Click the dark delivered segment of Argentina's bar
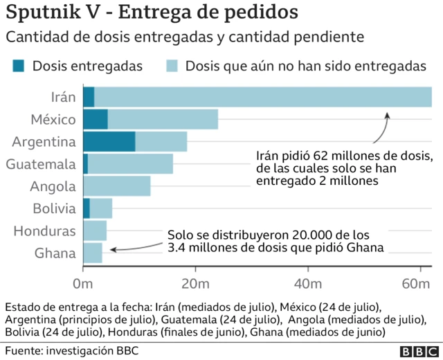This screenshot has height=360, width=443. pos(109,141)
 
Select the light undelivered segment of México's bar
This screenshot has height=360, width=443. pos(163,119)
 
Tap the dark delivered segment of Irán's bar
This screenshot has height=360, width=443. pos(89,97)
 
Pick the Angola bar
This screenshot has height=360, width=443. pos(116,186)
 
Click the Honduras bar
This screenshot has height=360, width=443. pos(95,230)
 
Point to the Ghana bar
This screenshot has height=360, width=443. pos(93,253)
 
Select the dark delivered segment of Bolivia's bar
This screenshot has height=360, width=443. pos(87,208)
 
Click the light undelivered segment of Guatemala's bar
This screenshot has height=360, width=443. pos(130,163)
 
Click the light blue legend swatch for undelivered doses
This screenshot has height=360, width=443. pos(172,66)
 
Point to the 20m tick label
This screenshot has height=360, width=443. pos(195,284)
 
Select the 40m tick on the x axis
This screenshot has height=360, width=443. pos(306,284)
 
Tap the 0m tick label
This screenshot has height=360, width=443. pos(83,284)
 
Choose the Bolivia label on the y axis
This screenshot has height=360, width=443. pos(54,208)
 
